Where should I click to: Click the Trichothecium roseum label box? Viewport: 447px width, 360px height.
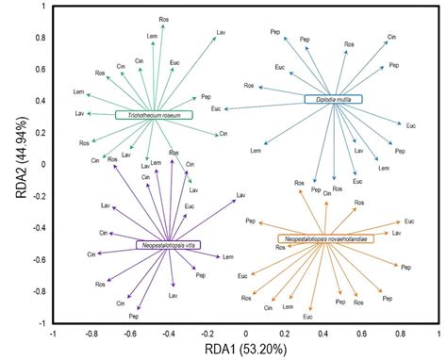coord(153,115)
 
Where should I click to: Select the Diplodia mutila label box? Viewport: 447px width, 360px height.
coord(333,98)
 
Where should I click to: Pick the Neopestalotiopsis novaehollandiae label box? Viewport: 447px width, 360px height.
coord(325,239)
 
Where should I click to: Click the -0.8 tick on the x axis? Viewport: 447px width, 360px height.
coord(91,333)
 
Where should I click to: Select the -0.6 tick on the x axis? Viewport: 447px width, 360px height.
coord(130,333)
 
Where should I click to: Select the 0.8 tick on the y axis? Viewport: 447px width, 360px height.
coord(41,38)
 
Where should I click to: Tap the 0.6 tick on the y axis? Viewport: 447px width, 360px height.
coord(41,69)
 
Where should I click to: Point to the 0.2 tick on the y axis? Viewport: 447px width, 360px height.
coord(41,132)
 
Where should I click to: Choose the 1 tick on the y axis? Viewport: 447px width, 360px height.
coord(44,7)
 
